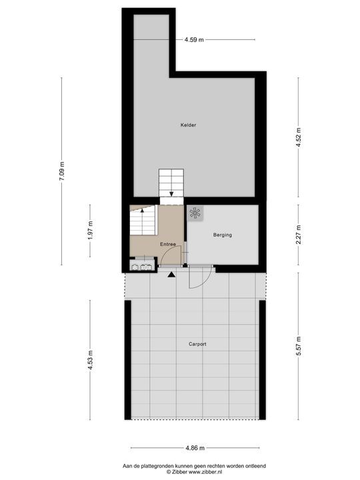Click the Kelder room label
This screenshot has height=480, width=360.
point(188,125)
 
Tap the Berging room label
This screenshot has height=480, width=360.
point(223,235)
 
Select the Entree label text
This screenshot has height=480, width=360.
point(168,245)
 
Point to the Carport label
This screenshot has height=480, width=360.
point(197,344)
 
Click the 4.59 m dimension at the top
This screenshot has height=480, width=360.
point(194,40)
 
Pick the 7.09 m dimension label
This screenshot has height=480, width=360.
point(62,172)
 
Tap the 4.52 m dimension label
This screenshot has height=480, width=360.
point(299,138)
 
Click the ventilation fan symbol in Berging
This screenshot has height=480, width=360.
point(195,213)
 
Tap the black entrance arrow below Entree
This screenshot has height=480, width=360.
point(171,273)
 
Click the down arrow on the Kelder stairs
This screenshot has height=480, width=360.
point(171,194)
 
